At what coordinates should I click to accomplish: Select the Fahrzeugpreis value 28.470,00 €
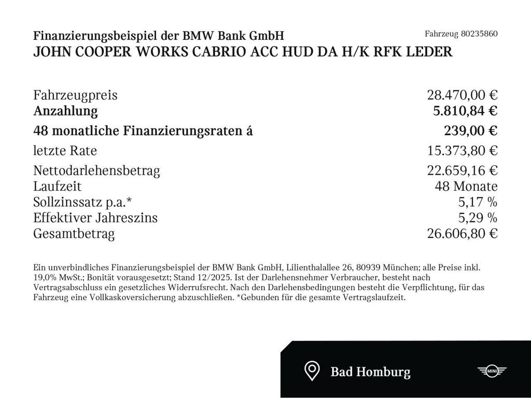[462, 95]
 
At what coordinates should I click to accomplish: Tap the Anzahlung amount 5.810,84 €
[465, 111]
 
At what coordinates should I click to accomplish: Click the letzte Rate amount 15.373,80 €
[462, 151]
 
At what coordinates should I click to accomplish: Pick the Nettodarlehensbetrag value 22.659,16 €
[462, 170]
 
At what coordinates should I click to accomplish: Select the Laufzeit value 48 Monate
[466, 187]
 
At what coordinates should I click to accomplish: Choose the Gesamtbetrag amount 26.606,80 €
[462, 234]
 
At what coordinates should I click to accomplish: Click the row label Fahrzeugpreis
[75, 95]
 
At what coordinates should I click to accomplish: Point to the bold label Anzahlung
[65, 111]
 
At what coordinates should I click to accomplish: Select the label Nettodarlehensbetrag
[96, 170]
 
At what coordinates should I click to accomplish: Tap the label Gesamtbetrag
[74, 234]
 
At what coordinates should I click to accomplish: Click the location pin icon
[311, 371]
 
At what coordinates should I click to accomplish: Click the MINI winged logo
[491, 371]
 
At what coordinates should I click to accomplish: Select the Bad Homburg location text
[370, 372]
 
